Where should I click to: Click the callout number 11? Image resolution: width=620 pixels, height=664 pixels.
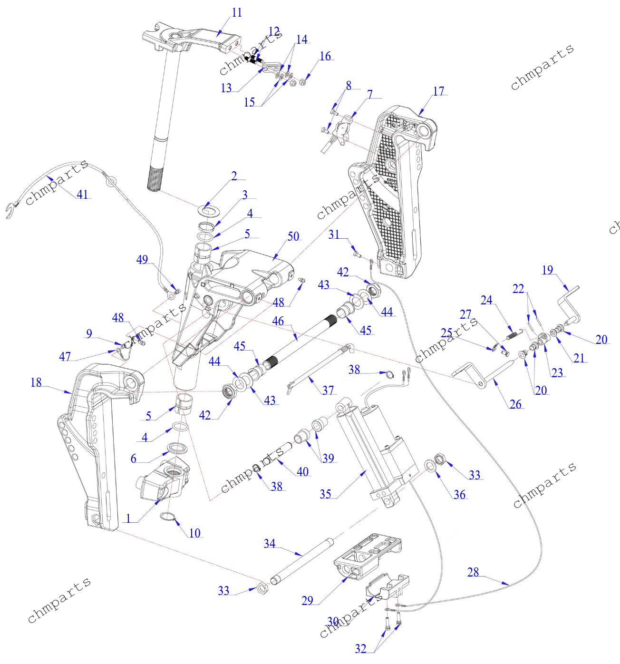[x=237, y=13]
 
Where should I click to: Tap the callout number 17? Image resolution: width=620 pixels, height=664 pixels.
[x=438, y=91]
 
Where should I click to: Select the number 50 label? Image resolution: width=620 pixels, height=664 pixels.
[x=293, y=236]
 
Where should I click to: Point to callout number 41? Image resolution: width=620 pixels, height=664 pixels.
[x=82, y=194]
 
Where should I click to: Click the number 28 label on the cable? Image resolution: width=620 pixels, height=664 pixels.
[x=473, y=572]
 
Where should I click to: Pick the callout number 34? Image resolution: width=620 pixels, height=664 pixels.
[x=270, y=543]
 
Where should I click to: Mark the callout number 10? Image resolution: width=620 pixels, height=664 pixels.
[x=194, y=533]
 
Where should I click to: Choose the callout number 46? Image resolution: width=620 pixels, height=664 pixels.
[x=278, y=322]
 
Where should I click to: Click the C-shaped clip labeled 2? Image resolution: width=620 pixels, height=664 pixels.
[x=208, y=209]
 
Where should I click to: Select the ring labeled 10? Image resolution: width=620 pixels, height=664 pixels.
[x=167, y=518]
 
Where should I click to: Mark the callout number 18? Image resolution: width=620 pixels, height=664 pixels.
[x=36, y=382]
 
